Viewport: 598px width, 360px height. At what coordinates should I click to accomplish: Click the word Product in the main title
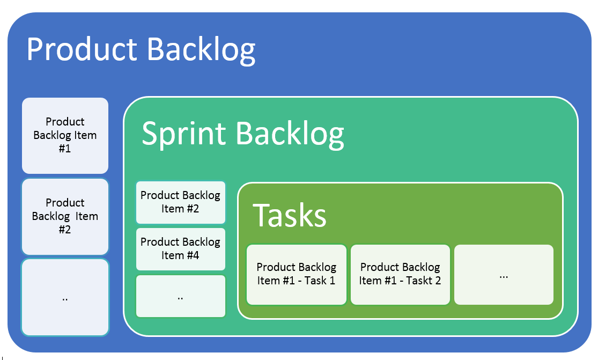pyautogui.click(x=82, y=49)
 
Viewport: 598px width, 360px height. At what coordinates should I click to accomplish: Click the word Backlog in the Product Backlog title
pyautogui.click(x=201, y=49)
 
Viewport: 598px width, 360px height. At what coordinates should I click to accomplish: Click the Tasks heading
pyautogui.click(x=290, y=215)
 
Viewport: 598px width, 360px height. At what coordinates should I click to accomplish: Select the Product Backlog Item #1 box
pyautogui.click(x=65, y=135)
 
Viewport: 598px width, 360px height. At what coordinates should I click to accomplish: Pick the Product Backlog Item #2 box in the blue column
pyautogui.click(x=65, y=216)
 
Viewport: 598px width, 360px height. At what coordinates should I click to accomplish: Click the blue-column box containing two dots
pyautogui.click(x=65, y=298)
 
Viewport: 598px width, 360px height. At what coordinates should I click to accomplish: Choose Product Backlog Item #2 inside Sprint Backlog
pyautogui.click(x=180, y=202)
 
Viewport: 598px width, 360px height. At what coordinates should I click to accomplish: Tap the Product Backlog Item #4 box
pyautogui.click(x=180, y=248)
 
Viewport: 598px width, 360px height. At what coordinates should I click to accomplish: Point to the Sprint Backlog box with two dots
pyautogui.click(x=180, y=296)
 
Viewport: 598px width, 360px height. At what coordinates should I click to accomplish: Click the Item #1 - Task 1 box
pyautogui.click(x=297, y=274)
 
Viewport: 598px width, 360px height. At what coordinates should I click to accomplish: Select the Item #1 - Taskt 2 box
pyautogui.click(x=400, y=274)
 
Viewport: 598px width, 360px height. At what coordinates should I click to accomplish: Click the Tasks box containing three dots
pyautogui.click(x=504, y=274)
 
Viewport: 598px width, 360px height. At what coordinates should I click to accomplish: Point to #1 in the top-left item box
pyautogui.click(x=65, y=149)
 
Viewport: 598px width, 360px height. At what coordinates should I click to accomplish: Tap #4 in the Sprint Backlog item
pyautogui.click(x=191, y=255)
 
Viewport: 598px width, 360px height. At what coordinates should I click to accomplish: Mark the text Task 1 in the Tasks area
pyautogui.click(x=320, y=281)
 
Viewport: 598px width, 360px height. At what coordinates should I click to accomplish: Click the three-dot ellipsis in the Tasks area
pyautogui.click(x=504, y=276)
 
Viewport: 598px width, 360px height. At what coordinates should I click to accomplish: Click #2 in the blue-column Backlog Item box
pyautogui.click(x=65, y=230)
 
